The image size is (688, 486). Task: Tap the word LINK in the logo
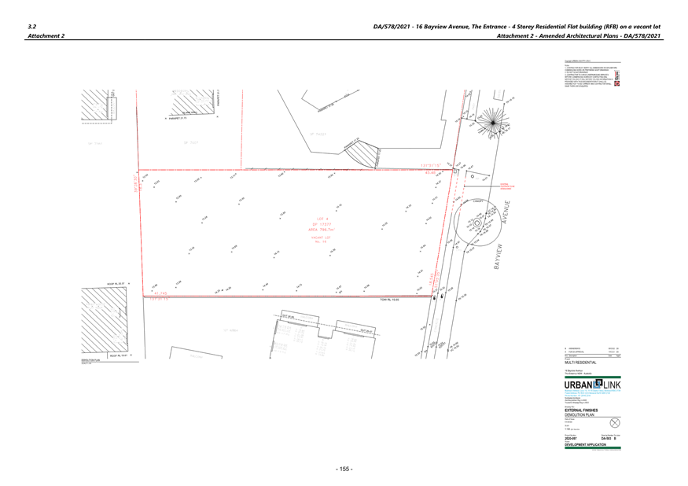tap(611, 384)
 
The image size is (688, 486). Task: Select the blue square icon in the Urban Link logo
tap(598, 383)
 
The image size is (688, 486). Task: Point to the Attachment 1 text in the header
tap(46, 36)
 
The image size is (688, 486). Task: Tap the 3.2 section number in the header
tap(31, 26)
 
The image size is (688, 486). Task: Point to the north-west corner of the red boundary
tap(139, 170)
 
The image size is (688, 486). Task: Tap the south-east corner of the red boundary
tap(433, 296)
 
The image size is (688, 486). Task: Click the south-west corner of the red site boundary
tap(144, 296)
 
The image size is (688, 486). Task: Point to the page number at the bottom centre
tap(344, 469)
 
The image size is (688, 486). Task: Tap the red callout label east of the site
tap(507, 186)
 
